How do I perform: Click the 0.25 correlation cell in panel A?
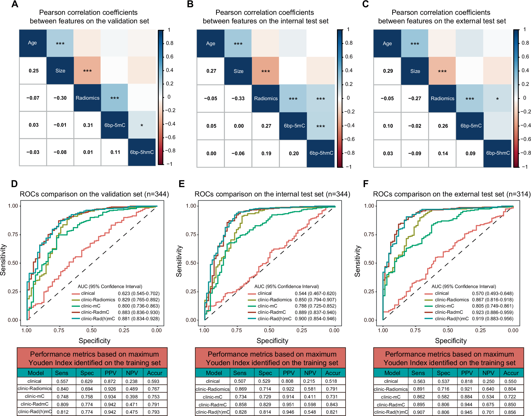tap(34, 71)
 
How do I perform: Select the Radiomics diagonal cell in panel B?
tap(266, 98)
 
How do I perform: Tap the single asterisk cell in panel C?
tap(497, 99)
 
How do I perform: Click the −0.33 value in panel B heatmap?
tap(238, 98)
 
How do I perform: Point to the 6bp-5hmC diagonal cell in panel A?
tap(142, 152)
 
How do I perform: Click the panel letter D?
tap(14, 184)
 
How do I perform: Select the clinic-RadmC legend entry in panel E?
tap(272, 312)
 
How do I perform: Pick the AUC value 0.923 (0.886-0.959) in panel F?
tap(492, 312)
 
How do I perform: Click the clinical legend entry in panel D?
tap(88, 293)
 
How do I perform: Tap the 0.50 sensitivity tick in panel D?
tap(13, 263)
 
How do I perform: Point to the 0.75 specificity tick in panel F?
tap(415, 330)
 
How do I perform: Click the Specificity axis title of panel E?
tap(272, 341)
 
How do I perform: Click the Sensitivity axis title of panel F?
tap(357, 261)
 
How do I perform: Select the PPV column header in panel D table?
tap(111, 373)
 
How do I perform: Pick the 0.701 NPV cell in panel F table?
tap(488, 412)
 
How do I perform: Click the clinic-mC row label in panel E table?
tap(212, 397)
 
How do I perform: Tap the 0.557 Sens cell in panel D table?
tap(62, 381)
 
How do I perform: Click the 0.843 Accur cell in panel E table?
tap(332, 404)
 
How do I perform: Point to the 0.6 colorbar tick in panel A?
tap(170, 57)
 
